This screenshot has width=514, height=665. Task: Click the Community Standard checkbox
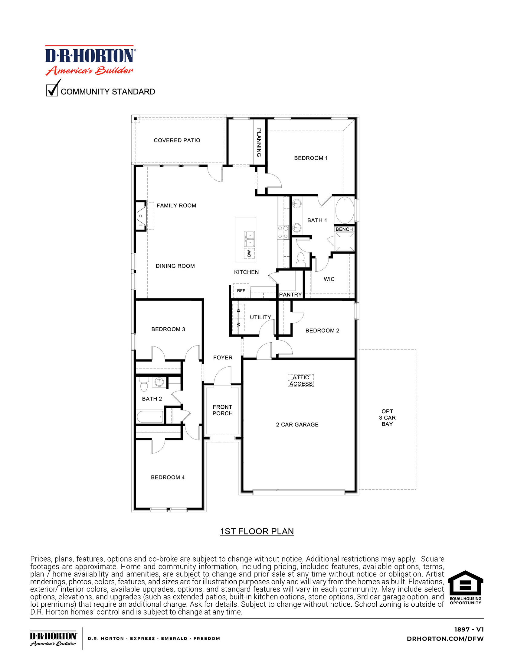coord(52,90)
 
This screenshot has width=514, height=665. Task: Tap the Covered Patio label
coord(177,140)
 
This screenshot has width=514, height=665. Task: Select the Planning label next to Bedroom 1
coord(259,142)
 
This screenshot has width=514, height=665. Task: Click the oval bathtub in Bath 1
coord(345,211)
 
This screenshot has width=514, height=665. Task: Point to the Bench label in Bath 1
coord(344,229)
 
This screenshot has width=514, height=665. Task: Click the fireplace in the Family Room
coord(141,216)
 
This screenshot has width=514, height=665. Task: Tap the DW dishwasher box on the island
coord(249,253)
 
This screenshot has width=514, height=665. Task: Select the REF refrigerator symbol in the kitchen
coord(241,291)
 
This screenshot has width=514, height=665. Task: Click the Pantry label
coord(290,295)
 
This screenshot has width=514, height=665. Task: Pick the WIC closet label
coord(329,279)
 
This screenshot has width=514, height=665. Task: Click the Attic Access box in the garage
coord(301,381)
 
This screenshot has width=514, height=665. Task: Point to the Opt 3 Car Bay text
coord(387,417)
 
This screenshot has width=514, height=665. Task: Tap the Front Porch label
coord(222,410)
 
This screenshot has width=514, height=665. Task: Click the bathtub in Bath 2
coord(150,417)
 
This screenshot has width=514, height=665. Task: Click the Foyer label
coord(223,358)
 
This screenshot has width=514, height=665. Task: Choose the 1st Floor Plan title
coord(257,531)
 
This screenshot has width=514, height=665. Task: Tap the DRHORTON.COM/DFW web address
coord(445,639)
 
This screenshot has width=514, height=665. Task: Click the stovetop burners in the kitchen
coord(283,232)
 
